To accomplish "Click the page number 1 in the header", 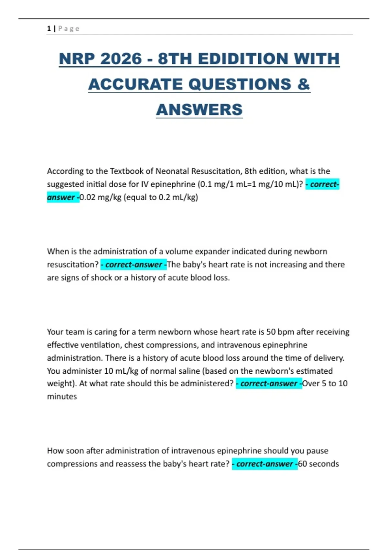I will tap(49, 28).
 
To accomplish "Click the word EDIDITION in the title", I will tap(243, 59).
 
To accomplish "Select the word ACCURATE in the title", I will tap(135, 84).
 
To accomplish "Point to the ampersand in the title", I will tap(303, 84).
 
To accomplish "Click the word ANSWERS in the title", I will tap(199, 110).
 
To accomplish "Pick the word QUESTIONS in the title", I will tap(240, 84).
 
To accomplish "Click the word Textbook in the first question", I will tap(128, 171).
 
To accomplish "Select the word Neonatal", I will tap(172, 171).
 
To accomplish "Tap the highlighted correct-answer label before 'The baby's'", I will tap(134, 265).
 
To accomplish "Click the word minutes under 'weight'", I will tap(62, 397).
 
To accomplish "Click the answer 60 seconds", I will tap(318, 464).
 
